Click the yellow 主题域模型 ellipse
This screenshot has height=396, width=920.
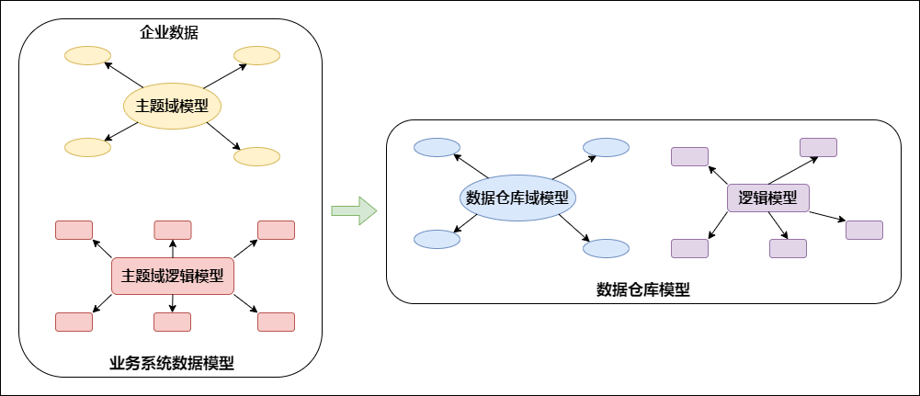coord(173,107)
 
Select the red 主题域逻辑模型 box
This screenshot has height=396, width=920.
coord(173,276)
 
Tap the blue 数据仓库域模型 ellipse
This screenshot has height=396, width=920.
coord(517,198)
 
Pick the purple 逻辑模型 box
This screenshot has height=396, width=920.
coord(767,198)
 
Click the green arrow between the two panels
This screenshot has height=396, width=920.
coord(354,209)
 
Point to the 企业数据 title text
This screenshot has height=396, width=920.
coord(169,33)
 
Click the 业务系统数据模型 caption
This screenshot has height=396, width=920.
coord(171,363)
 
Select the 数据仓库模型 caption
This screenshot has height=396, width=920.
coord(643,289)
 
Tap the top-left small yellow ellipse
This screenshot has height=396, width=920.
coord(87,56)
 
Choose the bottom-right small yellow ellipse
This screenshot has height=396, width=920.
coord(256,156)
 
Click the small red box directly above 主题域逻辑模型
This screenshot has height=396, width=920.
coord(172,230)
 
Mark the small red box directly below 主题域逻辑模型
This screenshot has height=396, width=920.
coord(172,322)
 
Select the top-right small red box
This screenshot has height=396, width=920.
coord(276,230)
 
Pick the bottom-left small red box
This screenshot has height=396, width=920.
coord(74,322)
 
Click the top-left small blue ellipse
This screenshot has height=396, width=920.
coord(437,147)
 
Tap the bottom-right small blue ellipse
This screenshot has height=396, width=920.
coord(606,248)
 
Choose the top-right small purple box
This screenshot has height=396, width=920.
coord(818,147)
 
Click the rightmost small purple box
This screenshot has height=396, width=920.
coord(864,230)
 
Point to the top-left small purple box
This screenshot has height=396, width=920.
coord(689,156)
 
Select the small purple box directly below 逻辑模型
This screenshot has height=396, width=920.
coord(788,248)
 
